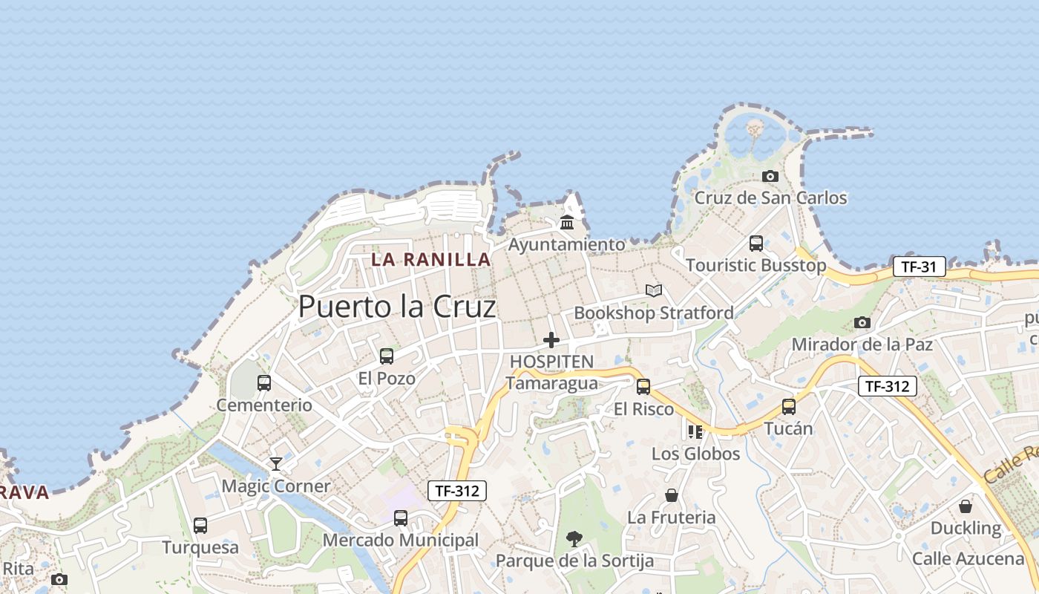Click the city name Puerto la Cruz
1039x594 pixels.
(396, 307)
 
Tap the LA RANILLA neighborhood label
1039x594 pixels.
(431, 259)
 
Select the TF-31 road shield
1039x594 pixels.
(919, 267)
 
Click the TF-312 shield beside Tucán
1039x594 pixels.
(888, 386)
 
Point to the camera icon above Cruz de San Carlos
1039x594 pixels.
(770, 176)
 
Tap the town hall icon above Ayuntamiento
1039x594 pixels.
(567, 222)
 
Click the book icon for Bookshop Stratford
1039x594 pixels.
(653, 290)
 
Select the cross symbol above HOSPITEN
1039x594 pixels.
(551, 340)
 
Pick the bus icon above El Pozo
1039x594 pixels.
(387, 356)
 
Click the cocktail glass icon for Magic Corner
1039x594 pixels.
(276, 464)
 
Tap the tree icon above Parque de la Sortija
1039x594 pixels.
(574, 539)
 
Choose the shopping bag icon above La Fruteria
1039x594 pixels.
(672, 495)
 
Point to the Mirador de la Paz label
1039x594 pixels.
(862, 345)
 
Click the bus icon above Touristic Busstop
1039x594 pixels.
(756, 244)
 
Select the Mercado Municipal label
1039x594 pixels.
(401, 540)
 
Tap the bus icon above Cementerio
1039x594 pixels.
(264, 383)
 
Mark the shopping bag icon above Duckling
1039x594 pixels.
(966, 506)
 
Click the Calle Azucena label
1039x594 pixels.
(968, 558)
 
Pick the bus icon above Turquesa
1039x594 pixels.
(200, 526)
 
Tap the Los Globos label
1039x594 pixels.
(695, 454)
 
